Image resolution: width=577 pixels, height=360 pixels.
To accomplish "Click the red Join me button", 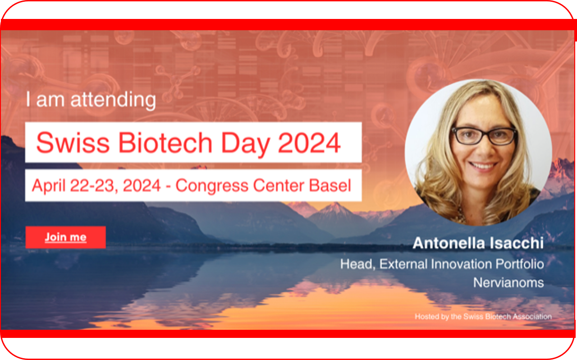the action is (65, 237).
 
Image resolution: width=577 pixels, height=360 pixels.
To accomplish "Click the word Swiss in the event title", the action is (73, 143).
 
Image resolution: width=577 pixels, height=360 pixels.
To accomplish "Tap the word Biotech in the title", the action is (165, 143).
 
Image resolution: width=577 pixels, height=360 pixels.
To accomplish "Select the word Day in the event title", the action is (245, 144).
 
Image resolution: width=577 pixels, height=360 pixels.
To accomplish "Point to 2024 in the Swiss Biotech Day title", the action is (309, 143).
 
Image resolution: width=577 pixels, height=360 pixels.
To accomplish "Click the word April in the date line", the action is (49, 186).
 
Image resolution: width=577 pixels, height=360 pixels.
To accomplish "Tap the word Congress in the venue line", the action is (212, 186).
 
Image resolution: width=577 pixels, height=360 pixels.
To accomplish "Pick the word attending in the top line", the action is (113, 100).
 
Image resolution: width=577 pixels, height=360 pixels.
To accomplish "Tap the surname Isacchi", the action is (516, 243).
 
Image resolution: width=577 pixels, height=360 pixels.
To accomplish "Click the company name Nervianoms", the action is (508, 283).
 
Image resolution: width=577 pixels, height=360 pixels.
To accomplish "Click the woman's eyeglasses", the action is (484, 136).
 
